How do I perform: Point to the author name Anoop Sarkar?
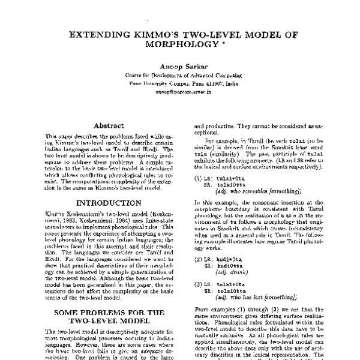tap(180, 67)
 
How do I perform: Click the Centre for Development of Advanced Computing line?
tap(180, 77)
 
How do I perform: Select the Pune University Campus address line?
tap(180, 85)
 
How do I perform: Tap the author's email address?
tap(180, 94)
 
